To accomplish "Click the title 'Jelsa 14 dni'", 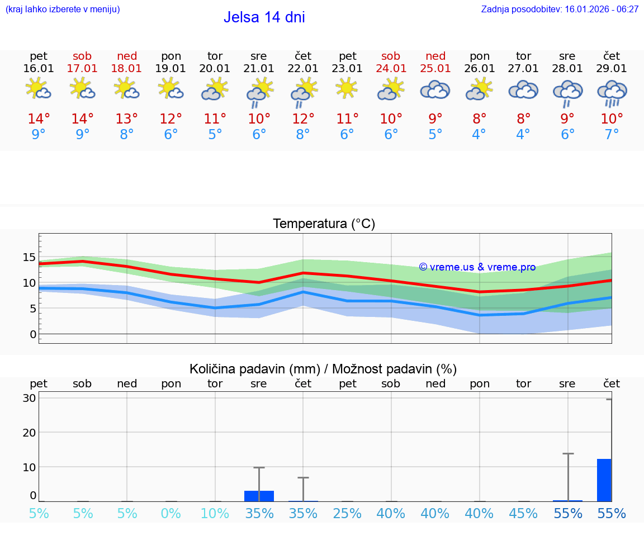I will (x=264, y=17).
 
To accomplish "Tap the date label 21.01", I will (x=259, y=69).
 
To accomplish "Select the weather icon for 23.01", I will (x=347, y=88).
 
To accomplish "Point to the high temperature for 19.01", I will (x=171, y=119).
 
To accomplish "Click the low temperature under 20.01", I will (x=215, y=135).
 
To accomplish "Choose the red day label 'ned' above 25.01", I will (x=435, y=56).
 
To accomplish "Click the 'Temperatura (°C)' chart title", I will (x=324, y=224).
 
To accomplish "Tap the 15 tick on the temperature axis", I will (x=30, y=257).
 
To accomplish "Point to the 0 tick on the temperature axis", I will (x=33, y=334).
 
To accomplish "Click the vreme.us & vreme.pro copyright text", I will (x=477, y=267).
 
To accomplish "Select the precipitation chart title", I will (x=323, y=369).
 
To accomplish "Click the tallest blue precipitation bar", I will (x=604, y=480).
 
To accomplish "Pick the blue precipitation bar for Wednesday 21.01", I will (x=259, y=496).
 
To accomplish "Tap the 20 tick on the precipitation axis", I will (x=30, y=433).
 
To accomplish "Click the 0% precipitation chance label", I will (x=171, y=514).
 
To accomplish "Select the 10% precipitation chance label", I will (x=215, y=514).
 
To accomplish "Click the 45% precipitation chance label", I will (x=523, y=514).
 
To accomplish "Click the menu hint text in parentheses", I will (x=63, y=10).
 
